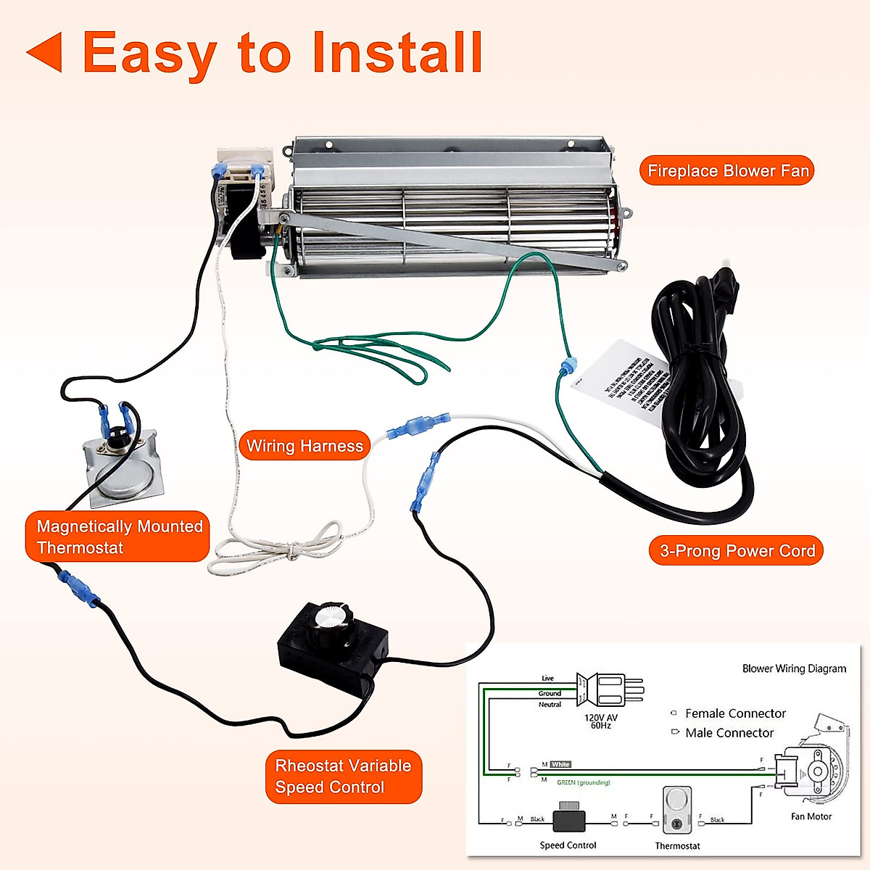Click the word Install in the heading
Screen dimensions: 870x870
(x=397, y=52)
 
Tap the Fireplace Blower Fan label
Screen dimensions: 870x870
(x=727, y=171)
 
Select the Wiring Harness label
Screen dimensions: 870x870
(x=304, y=446)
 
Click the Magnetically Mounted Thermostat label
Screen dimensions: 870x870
(x=118, y=536)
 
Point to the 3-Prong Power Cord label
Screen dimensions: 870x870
(x=737, y=551)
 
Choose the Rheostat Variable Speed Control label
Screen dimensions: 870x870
(x=343, y=776)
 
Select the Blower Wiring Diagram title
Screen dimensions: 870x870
(x=794, y=668)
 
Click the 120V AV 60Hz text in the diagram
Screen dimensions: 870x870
(x=601, y=721)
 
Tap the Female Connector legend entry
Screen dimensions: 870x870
(x=734, y=713)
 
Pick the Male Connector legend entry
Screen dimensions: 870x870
(x=729, y=733)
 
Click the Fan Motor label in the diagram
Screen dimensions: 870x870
(x=811, y=816)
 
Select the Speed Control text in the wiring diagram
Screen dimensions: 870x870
(x=568, y=845)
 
